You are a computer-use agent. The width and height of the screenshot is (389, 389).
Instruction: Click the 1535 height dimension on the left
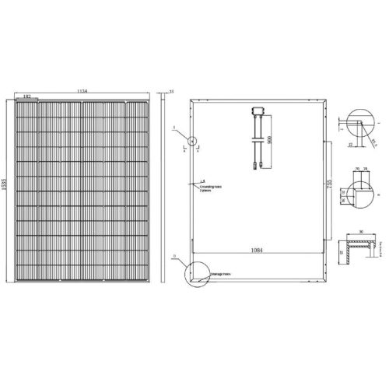pyautogui.click(x=7, y=191)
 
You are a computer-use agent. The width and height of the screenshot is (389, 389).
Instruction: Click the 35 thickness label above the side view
pyautogui.click(x=170, y=92)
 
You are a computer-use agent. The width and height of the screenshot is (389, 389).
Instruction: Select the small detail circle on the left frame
pyautogui.click(x=191, y=142)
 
